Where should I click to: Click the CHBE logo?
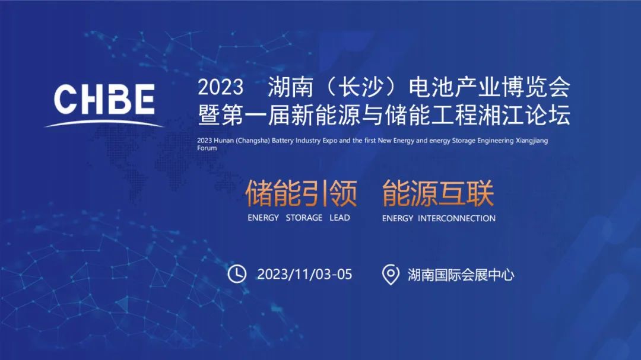(x=104, y=104)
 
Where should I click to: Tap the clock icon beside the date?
(x=237, y=274)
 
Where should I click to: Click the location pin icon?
(x=391, y=275)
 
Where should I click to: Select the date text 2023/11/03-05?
(x=304, y=274)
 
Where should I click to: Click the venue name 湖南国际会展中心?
(x=461, y=275)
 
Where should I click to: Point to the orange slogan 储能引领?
(x=302, y=193)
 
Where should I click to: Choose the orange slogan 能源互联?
(x=438, y=193)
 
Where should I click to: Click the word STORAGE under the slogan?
(x=304, y=218)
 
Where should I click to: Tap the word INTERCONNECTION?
(x=456, y=219)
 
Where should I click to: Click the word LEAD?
(x=339, y=218)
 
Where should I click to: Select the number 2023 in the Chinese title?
(x=220, y=87)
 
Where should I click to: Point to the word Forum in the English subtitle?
(x=207, y=148)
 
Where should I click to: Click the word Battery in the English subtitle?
(x=282, y=141)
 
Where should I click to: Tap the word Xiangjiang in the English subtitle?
(x=531, y=141)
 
